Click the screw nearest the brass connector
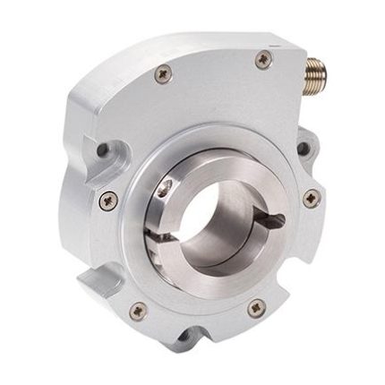pyautogui.click(x=261, y=60)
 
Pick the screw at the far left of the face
pyautogui.click(x=111, y=198)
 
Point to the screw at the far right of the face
pyautogui.click(x=310, y=199)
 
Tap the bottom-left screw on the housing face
pyautogui.click(x=137, y=311)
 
